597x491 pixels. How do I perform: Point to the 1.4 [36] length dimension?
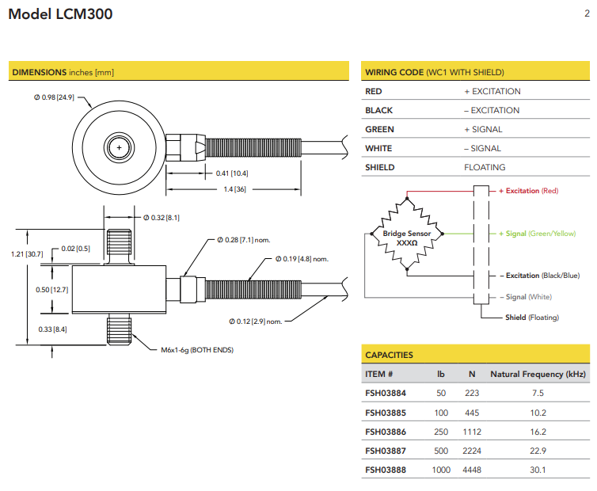point(234,189)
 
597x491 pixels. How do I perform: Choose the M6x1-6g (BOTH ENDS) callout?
point(192,349)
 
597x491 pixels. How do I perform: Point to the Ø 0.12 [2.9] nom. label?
point(255,321)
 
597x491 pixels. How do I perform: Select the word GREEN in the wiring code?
point(379,129)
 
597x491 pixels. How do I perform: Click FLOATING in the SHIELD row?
point(485,167)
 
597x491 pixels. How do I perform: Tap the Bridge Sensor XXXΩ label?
point(405,238)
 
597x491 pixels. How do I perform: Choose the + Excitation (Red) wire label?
point(528,191)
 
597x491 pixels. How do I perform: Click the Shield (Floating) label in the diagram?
point(531,318)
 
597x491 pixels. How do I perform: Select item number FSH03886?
point(386,432)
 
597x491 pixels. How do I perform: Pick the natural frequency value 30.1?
point(538,470)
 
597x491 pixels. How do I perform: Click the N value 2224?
point(471,451)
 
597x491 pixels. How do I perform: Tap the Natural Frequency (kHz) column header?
point(538,374)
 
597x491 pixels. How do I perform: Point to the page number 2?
point(586,12)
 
